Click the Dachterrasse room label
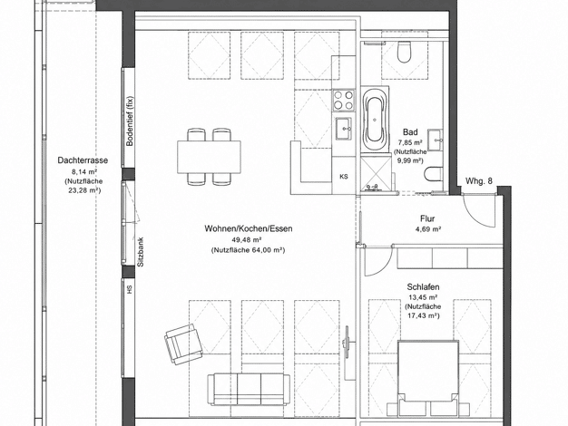pyautogui.click(x=83, y=160)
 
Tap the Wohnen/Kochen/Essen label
pyautogui.click(x=248, y=228)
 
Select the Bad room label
pyautogui.click(x=410, y=132)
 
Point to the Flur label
pyautogui.click(x=427, y=218)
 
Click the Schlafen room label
pyautogui.click(x=423, y=287)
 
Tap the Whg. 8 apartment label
pyautogui.click(x=479, y=181)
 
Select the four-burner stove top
pyautogui.click(x=343, y=100)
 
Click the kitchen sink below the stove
pyautogui.click(x=344, y=128)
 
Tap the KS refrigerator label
pyautogui.click(x=344, y=177)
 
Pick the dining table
pyautogui.click(x=209, y=157)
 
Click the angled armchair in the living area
pyautogui.click(x=183, y=344)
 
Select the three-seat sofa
pyautogui.click(x=249, y=390)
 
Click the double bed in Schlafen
pyautogui.click(x=426, y=377)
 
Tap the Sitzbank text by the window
pyautogui.click(x=141, y=252)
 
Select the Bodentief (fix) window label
pyautogui.click(x=130, y=121)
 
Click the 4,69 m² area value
pyautogui.click(x=427, y=229)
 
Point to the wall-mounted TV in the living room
pyautogui.click(x=347, y=342)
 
